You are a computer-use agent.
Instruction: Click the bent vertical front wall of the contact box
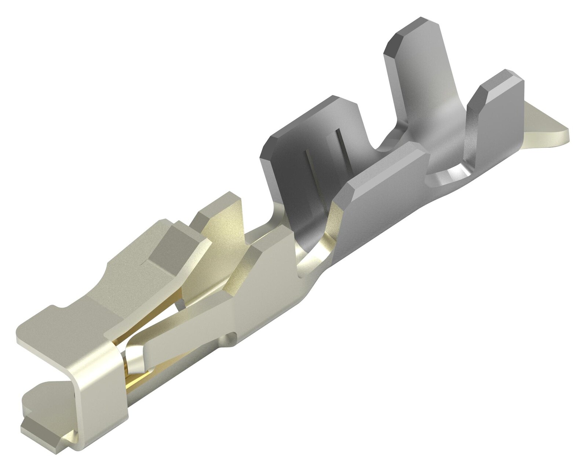[x=99, y=374]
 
